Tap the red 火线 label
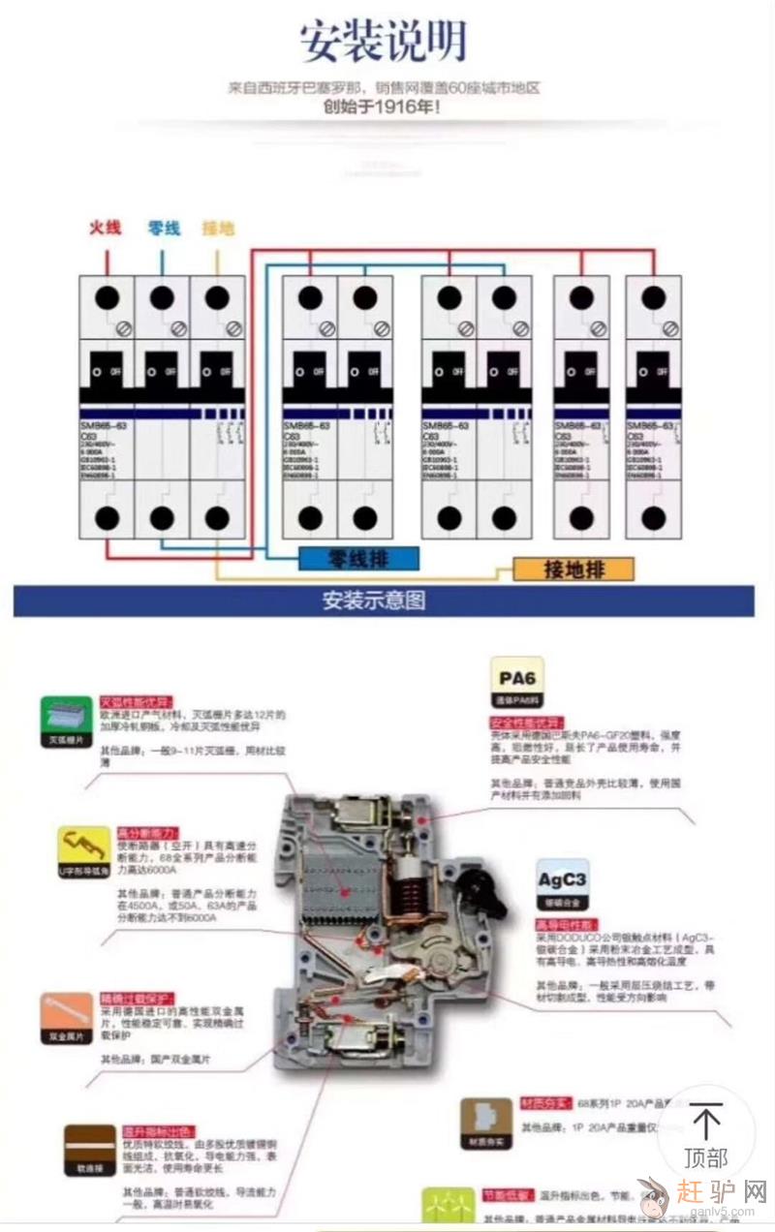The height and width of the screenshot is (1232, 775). (x=105, y=228)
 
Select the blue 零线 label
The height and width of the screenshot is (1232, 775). (x=164, y=229)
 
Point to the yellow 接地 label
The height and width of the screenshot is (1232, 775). (x=218, y=229)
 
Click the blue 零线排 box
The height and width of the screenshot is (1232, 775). (x=358, y=558)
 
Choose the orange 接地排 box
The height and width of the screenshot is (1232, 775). (x=573, y=569)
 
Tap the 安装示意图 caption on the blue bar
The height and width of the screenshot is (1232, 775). (x=373, y=601)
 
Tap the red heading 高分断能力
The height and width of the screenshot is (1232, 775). (x=147, y=833)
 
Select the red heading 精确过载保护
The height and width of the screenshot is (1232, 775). (x=137, y=999)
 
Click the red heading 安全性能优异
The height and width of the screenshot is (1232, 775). (x=526, y=723)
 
